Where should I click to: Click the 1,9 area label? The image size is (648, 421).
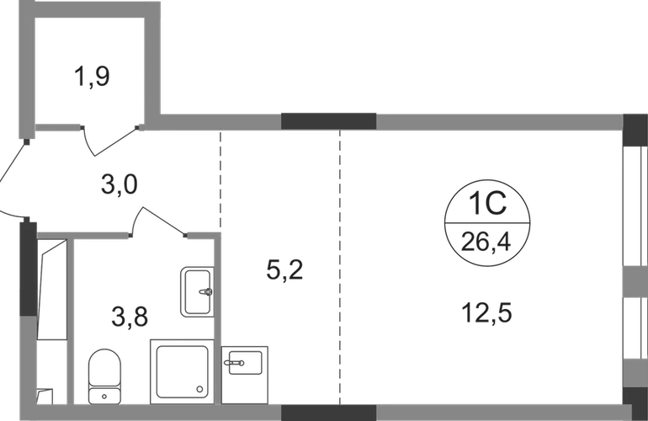(x=92, y=77)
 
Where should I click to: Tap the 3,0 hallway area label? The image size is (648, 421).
(x=119, y=184)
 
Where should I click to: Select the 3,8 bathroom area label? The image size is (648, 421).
(x=130, y=317)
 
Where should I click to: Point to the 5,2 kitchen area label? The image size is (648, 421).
(x=284, y=270)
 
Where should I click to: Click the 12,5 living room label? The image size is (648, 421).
(x=486, y=312)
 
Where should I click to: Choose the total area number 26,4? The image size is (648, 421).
(x=486, y=242)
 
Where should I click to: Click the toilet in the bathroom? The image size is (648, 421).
(x=104, y=376)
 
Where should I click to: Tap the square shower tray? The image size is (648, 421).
(x=183, y=372)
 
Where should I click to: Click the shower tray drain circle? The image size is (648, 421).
(x=200, y=389)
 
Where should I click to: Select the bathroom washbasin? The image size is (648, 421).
(x=197, y=292)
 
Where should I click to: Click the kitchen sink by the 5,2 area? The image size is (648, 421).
(x=245, y=363)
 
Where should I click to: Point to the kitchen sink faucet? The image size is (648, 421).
(x=234, y=363)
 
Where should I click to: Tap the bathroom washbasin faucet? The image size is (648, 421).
(x=206, y=291)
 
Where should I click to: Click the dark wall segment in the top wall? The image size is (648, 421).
(x=328, y=121)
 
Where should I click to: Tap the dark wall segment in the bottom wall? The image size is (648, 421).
(x=328, y=413)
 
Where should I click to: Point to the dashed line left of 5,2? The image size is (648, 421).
(x=220, y=181)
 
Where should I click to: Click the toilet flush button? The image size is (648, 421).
(x=104, y=397)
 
